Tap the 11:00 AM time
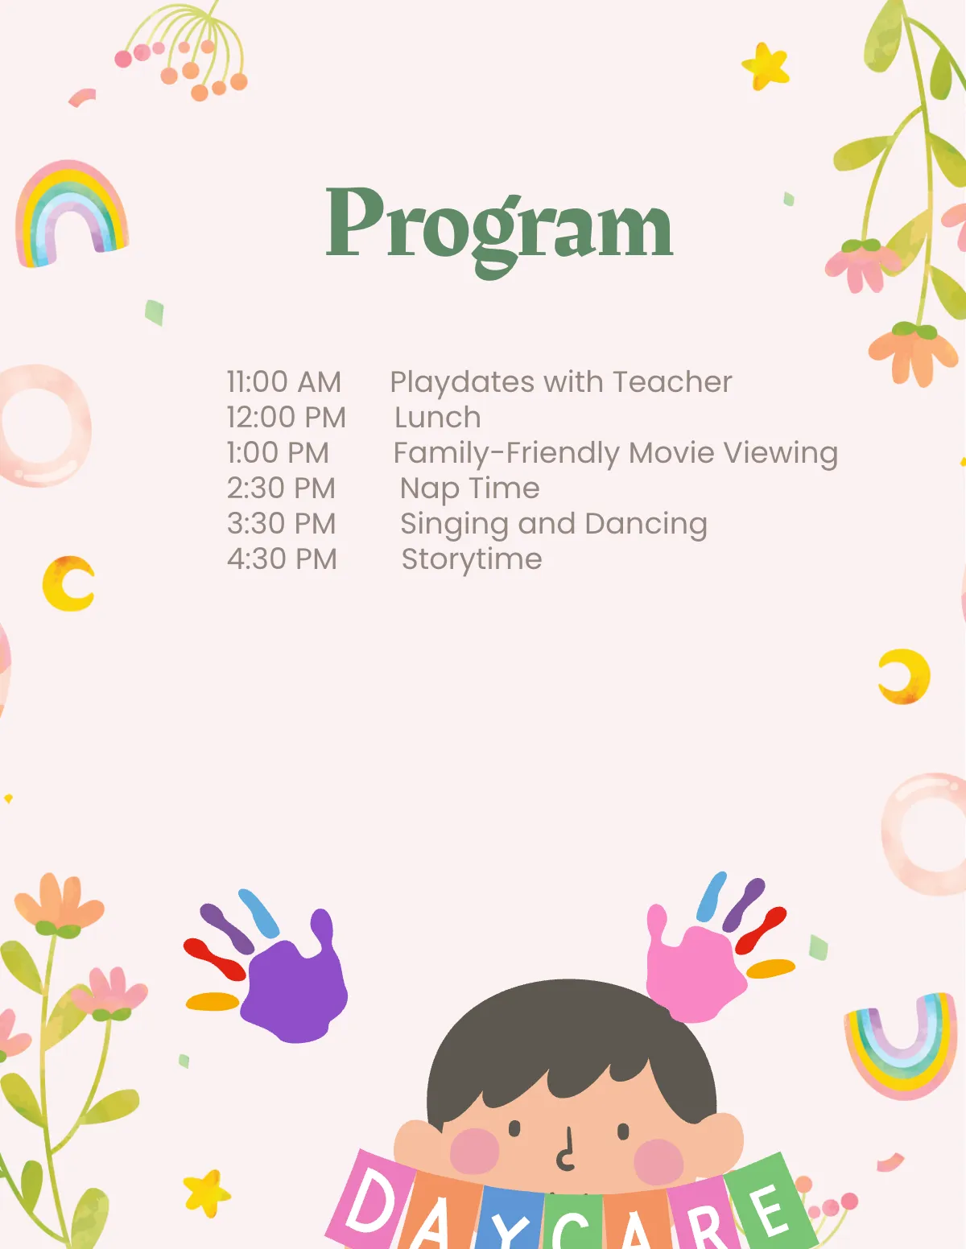[284, 382]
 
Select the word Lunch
[438, 418]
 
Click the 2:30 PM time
[281, 488]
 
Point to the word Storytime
[472, 559]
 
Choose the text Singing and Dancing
[554, 524]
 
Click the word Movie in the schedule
[672, 453]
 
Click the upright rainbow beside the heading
[71, 213]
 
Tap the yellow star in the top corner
[766, 66]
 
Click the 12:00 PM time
[287, 418]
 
